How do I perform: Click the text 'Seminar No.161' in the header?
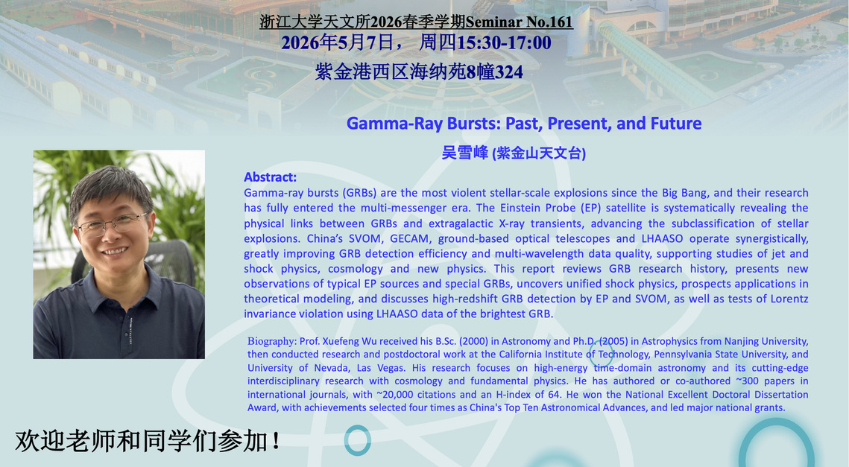[x=519, y=22]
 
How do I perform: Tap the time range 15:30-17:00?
[x=504, y=42]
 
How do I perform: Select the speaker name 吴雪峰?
[x=465, y=153]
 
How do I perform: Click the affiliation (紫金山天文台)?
[x=539, y=153]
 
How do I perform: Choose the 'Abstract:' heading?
[x=270, y=177]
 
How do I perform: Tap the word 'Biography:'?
[x=272, y=341]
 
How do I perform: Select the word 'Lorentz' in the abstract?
[x=788, y=299]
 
